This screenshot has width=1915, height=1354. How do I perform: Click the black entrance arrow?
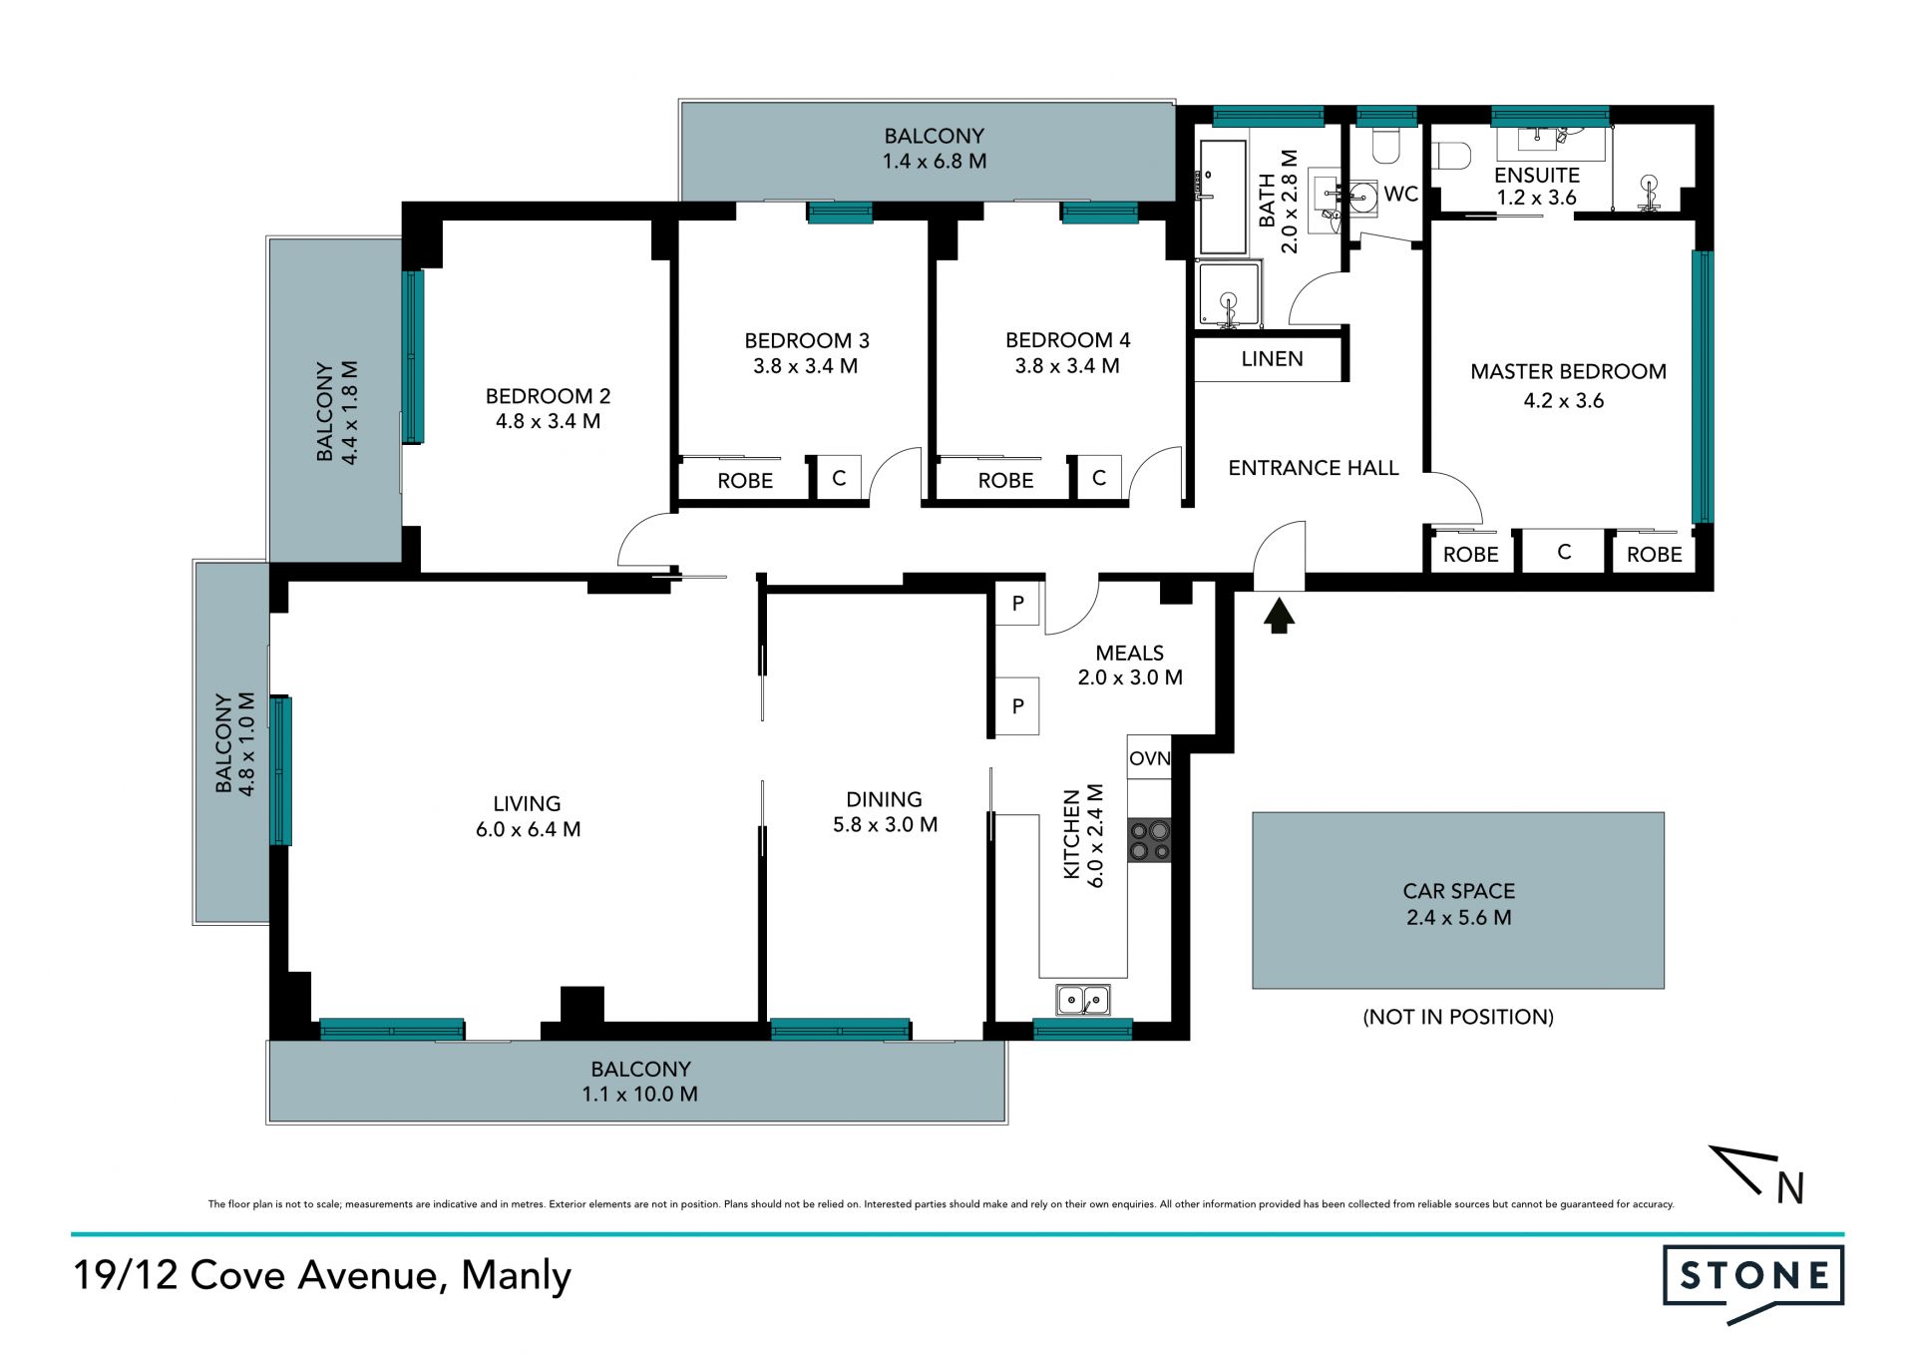click(x=1279, y=615)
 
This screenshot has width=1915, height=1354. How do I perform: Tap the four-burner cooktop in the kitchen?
click(x=1149, y=840)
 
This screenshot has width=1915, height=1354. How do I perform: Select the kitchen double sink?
click(x=1083, y=999)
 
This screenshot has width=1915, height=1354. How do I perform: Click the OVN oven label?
click(x=1149, y=758)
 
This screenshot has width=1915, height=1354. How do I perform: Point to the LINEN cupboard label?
click(x=1272, y=359)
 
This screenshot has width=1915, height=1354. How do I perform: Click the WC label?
click(x=1400, y=195)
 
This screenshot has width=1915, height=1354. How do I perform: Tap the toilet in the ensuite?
click(x=1452, y=157)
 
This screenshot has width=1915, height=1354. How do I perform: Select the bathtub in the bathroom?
click(x=1223, y=198)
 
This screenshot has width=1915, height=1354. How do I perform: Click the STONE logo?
click(x=1753, y=1281)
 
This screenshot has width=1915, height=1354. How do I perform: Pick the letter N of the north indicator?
click(x=1790, y=1187)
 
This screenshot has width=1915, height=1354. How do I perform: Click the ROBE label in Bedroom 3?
click(x=745, y=481)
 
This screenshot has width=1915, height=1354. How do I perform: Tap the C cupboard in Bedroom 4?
click(x=1099, y=478)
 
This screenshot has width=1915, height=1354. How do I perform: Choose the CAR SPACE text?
click(x=1458, y=891)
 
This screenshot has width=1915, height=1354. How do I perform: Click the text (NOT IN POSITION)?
click(x=1458, y=1017)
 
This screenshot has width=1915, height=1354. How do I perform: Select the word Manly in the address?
click(x=516, y=1276)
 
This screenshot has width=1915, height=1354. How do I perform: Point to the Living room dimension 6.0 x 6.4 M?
click(x=528, y=829)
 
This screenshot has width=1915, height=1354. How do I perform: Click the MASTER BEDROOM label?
click(x=1568, y=372)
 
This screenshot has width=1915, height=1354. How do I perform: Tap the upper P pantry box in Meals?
click(x=1017, y=603)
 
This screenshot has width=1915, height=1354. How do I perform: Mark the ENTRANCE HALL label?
click(x=1313, y=468)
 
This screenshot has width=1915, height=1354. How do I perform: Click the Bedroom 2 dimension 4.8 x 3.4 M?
click(x=548, y=421)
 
